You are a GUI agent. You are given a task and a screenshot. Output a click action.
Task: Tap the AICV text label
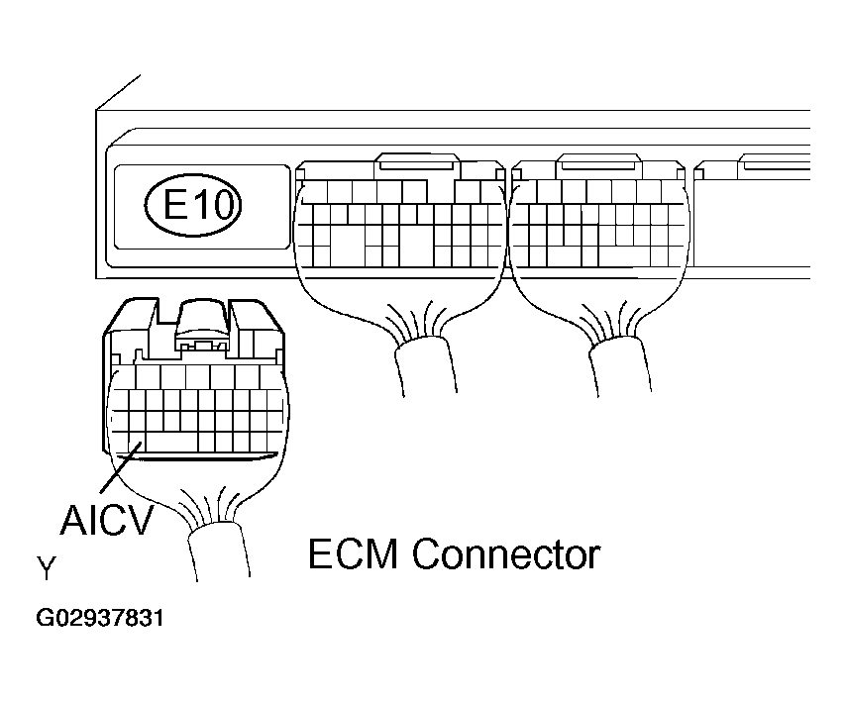coord(107,518)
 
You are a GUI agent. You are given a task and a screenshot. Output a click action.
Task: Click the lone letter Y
coord(46,568)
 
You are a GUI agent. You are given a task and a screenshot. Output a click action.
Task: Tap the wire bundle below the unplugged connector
coord(219,554)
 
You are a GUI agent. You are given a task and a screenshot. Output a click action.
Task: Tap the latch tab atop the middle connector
coord(417,163)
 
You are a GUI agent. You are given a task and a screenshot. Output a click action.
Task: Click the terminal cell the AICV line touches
coord(135,448)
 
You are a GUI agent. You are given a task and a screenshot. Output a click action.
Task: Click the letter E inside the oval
coord(174,205)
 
